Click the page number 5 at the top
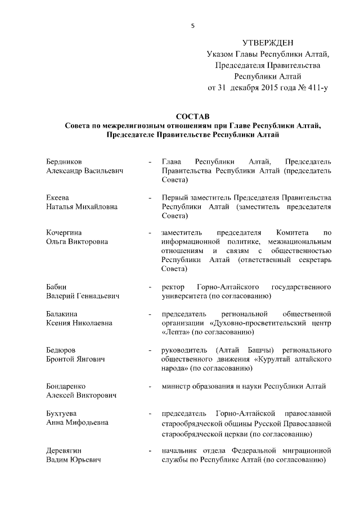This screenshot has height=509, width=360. tap(192, 25)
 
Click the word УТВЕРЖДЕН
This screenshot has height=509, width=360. tap(268, 43)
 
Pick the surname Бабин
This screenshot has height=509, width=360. tap(56, 287)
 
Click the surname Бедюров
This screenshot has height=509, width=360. tap(61, 350)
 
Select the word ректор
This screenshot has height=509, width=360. tap(172, 287)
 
